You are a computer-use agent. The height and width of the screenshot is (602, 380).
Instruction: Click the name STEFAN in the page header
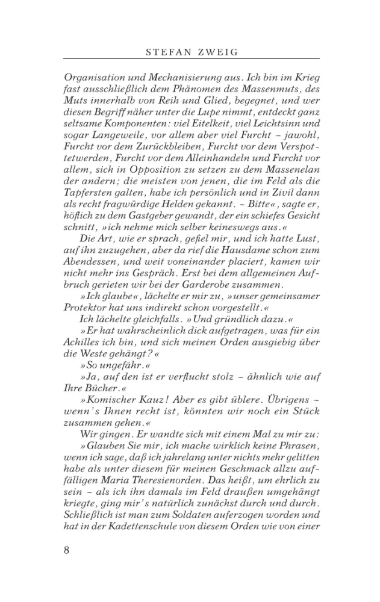pyautogui.click(x=167, y=52)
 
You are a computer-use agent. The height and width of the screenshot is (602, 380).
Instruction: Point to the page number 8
pyautogui.click(x=66, y=550)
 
